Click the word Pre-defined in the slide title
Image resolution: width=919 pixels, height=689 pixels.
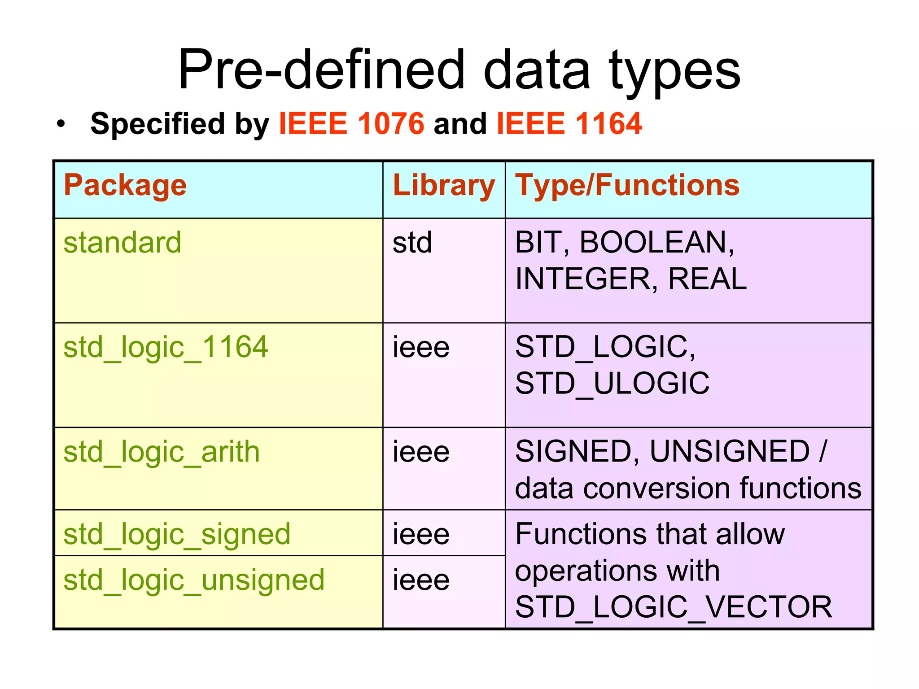pyautogui.click(x=321, y=70)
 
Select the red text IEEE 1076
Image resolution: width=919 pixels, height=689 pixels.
pyautogui.click(x=351, y=123)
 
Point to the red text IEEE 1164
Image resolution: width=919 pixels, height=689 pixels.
pyautogui.click(x=569, y=123)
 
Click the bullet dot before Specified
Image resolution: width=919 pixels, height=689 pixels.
pyautogui.click(x=61, y=124)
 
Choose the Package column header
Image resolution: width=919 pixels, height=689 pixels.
pyautogui.click(x=125, y=185)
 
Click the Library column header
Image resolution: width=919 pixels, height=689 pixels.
pyautogui.click(x=443, y=185)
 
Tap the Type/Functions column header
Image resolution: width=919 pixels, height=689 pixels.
pyautogui.click(x=627, y=185)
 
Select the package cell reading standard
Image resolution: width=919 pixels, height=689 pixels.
pyautogui.click(x=123, y=243)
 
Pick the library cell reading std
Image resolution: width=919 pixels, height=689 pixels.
pyautogui.click(x=412, y=243)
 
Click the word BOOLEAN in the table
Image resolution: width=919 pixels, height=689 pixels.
pyautogui.click(x=656, y=243)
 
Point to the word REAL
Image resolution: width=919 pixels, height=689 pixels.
pyautogui.click(x=707, y=279)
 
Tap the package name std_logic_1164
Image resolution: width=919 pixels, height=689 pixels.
pyautogui.click(x=166, y=348)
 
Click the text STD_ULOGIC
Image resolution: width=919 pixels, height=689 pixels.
pyautogui.click(x=612, y=384)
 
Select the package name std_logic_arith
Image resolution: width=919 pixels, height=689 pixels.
pyautogui.click(x=162, y=452)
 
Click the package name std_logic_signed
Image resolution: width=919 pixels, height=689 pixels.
pyautogui.click(x=177, y=535)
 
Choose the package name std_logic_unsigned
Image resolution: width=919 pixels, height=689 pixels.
pyautogui.click(x=194, y=580)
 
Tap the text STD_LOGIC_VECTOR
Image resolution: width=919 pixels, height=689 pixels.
pyautogui.click(x=673, y=607)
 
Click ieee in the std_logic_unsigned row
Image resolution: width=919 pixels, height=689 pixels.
pyautogui.click(x=421, y=580)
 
